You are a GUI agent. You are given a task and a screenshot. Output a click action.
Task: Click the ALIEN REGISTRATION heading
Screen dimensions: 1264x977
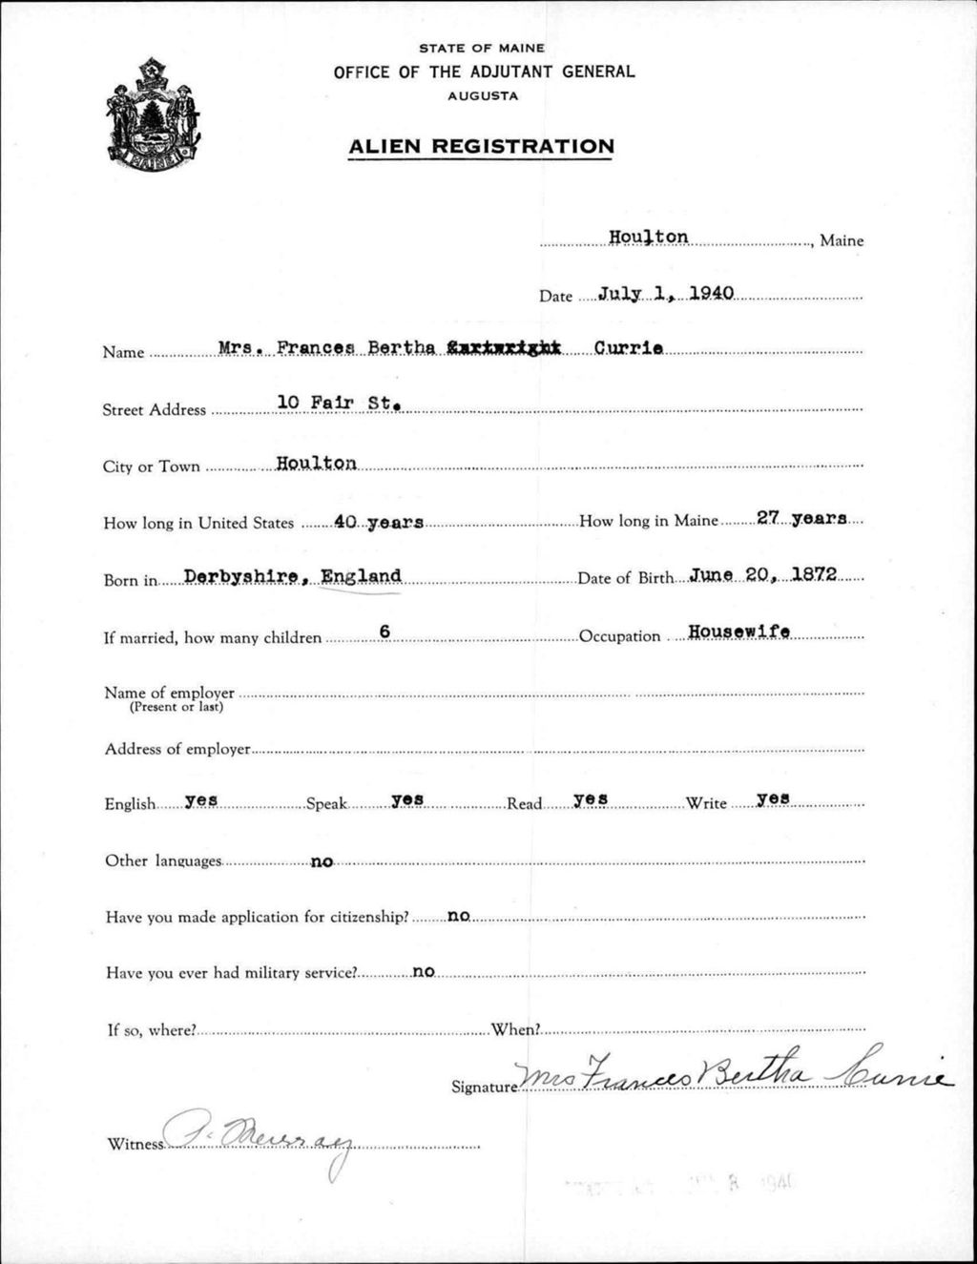tap(481, 146)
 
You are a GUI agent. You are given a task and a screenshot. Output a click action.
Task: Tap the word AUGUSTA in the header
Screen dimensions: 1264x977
tap(483, 96)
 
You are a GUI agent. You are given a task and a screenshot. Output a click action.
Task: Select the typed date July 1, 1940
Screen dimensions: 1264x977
tap(666, 293)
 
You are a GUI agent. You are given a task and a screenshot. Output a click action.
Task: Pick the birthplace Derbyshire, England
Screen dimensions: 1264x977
tap(292, 576)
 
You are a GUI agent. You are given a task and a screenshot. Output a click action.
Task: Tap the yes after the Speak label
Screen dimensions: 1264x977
tap(407, 799)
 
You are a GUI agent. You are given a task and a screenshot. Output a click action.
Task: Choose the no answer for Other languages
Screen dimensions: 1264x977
tap(322, 861)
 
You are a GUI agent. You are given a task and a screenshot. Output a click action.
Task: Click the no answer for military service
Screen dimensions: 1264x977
tap(423, 972)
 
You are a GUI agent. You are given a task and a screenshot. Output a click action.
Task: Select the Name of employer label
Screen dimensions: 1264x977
tap(169, 693)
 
